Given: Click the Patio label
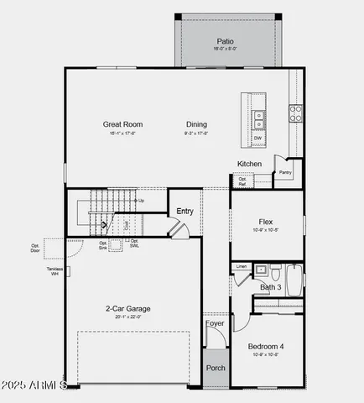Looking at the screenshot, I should [225, 41].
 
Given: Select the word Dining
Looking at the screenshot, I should [197, 124].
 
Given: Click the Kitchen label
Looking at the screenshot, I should [249, 164].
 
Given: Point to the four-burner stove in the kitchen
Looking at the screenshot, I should [295, 113].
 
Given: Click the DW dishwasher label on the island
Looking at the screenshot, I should [257, 139].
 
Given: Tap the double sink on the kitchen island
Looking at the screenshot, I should [259, 119].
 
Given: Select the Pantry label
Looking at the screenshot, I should [285, 173].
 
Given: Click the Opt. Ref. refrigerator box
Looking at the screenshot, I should [242, 180].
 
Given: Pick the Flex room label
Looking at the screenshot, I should [266, 222].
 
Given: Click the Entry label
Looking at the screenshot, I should [185, 211].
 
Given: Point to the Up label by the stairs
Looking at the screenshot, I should [141, 201].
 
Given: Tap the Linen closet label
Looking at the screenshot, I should [242, 267].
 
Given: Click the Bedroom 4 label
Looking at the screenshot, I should [266, 346].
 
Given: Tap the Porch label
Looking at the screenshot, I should [216, 368].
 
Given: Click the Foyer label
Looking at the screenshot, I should [215, 322].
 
